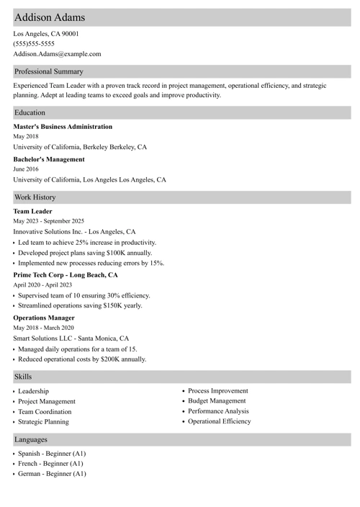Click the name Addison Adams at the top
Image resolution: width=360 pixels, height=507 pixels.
(x=49, y=17)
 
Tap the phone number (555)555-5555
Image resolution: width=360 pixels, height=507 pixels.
(x=34, y=43)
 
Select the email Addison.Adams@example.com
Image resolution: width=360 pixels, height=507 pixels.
(x=57, y=53)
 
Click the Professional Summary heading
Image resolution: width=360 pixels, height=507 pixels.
(x=48, y=71)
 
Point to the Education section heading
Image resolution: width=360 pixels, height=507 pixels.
(x=30, y=112)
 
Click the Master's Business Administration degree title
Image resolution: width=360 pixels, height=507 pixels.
(x=63, y=127)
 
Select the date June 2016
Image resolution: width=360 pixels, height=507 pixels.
(x=26, y=169)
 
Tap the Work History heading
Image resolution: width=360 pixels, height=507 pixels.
(x=35, y=197)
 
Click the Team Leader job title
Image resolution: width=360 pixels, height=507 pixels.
(x=32, y=211)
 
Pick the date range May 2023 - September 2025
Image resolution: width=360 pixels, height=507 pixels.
(x=49, y=221)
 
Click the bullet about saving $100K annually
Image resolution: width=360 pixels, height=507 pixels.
(x=85, y=253)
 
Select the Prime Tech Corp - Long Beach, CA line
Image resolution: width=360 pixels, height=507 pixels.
(x=66, y=275)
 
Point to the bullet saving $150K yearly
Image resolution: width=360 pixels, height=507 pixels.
(x=80, y=305)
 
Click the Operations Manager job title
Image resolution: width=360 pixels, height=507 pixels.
(x=44, y=318)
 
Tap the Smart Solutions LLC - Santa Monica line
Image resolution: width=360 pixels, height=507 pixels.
(x=71, y=338)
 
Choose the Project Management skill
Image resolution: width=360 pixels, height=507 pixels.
(x=47, y=401)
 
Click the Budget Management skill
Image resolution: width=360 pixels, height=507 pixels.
(x=217, y=400)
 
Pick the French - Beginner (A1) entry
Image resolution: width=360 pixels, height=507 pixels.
(x=51, y=464)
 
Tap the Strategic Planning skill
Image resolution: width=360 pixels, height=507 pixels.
(x=44, y=421)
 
